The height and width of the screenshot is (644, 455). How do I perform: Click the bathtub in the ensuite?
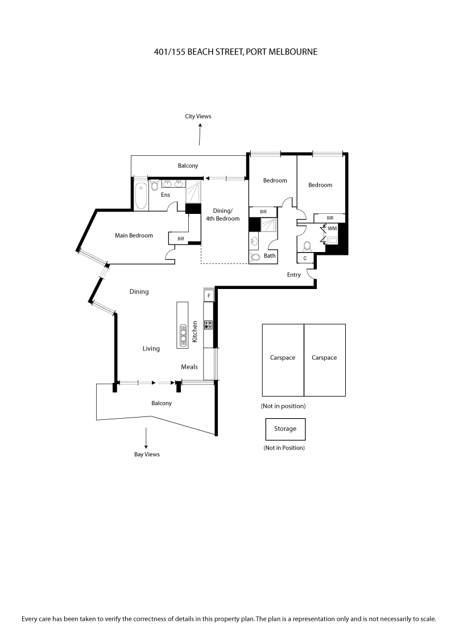point(141,195)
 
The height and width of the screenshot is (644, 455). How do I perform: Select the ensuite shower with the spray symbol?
point(194,191)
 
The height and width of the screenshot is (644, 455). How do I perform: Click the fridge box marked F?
point(209,296)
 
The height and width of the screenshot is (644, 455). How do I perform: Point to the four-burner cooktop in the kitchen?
point(209,325)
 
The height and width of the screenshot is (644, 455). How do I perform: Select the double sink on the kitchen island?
point(183,335)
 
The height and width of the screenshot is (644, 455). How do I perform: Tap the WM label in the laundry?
point(332,228)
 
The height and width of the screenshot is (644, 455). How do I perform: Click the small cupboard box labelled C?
point(305,258)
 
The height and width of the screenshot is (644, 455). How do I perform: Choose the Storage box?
point(285,429)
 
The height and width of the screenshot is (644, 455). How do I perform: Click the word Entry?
point(294,275)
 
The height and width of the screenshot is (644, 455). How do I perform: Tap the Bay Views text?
point(147,455)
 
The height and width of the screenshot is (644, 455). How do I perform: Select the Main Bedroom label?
point(134,236)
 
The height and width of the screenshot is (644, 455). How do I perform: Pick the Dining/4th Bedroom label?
point(222,214)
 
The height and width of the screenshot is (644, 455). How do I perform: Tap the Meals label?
point(189,367)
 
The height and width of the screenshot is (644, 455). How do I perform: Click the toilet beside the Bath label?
point(255,257)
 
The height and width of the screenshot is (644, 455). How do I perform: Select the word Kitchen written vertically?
point(195,331)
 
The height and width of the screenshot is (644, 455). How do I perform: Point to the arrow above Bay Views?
point(146,437)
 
